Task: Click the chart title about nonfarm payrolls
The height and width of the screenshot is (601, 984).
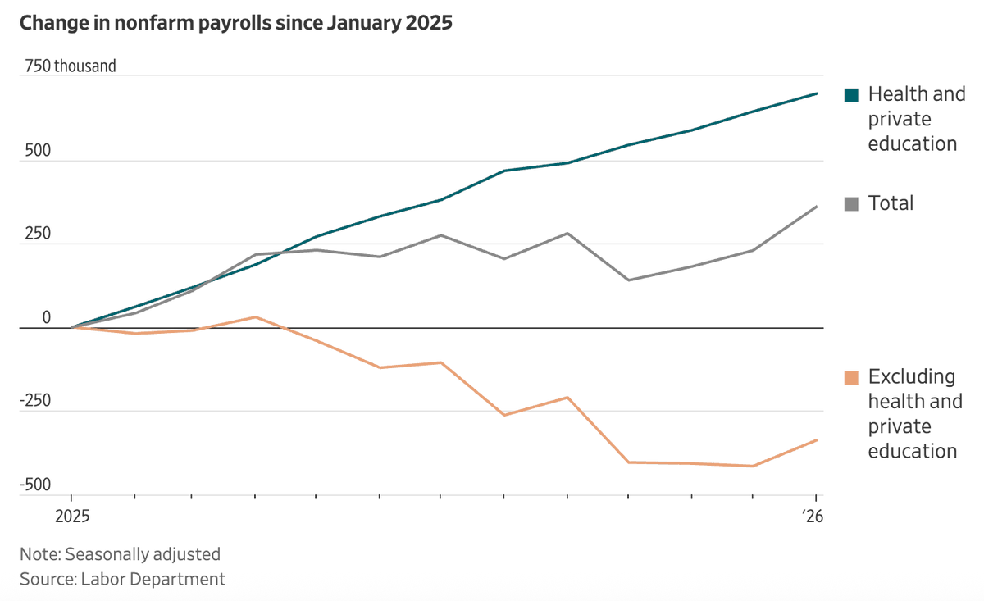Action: (236, 23)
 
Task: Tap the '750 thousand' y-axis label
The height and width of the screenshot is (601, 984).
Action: (71, 66)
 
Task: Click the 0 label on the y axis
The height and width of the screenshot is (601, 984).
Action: (47, 318)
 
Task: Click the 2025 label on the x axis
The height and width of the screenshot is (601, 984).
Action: (71, 517)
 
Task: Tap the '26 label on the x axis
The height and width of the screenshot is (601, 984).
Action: (813, 517)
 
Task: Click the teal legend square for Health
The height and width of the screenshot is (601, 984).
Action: (851, 95)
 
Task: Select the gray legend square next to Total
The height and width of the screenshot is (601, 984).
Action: (851, 204)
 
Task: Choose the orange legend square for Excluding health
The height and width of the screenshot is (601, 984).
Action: (851, 377)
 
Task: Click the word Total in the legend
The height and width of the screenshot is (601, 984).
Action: (891, 203)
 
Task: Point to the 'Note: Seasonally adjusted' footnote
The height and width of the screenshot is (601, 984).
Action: (120, 554)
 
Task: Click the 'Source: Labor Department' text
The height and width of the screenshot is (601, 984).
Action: (122, 579)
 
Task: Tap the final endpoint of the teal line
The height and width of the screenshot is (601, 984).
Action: (817, 93)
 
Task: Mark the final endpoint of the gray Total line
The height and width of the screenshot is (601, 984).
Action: (817, 207)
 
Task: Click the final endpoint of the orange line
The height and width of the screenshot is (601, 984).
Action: (817, 440)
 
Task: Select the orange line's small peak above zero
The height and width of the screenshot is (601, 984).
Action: (256, 316)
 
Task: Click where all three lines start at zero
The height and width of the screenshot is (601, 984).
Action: (71, 328)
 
